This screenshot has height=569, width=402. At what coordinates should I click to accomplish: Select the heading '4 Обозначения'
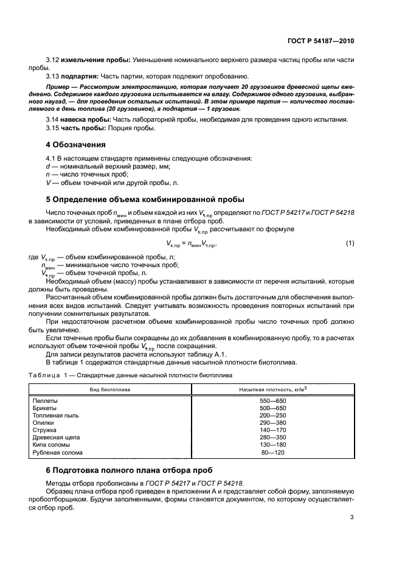76,145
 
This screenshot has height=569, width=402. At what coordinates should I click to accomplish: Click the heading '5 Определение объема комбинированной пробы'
145,199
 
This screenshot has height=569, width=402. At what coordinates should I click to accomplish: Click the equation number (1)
350,243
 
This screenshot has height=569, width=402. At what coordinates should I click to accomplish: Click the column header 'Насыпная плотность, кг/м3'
273,388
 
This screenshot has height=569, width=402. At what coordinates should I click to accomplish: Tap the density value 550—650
273,402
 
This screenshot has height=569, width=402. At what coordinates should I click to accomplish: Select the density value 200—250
273,415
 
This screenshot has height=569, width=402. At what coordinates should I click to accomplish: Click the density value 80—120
273,453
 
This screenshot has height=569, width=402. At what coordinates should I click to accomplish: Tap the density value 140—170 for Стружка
273,430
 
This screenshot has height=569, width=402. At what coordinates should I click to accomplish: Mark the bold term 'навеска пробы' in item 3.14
82,119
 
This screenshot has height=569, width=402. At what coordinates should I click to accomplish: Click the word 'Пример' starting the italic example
58,88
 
